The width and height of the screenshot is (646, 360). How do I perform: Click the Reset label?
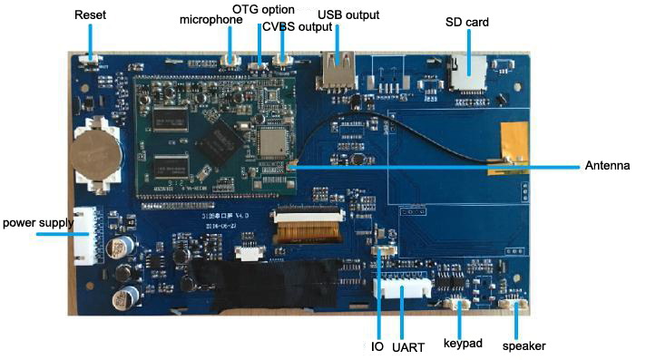90,15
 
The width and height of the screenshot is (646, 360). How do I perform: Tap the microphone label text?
211,19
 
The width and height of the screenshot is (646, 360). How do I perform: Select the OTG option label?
264,8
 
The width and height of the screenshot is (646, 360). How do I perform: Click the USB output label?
348,15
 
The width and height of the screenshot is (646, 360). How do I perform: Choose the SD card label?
467,21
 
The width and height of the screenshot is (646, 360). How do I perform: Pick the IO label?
377,346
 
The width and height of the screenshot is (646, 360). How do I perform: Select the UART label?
407,346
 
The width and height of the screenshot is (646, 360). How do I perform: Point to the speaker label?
524,345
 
